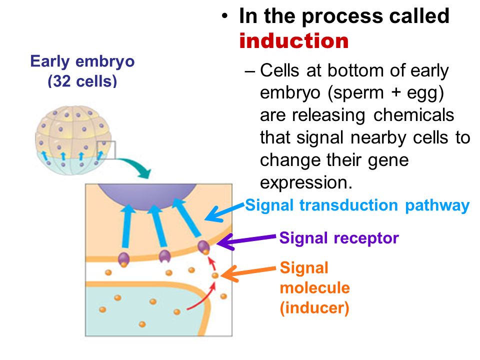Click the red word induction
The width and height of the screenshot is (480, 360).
click(294, 40)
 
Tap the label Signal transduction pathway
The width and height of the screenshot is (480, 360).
click(357, 205)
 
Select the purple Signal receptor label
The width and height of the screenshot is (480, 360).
click(339, 238)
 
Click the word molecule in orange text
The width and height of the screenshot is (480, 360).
click(314, 288)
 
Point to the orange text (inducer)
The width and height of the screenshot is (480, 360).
click(314, 308)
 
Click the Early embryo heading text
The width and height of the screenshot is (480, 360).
click(82, 61)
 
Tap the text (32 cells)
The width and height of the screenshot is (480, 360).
click(82, 81)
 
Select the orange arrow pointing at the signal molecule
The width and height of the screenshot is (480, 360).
click(248, 272)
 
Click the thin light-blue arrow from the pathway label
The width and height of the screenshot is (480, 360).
click(224, 211)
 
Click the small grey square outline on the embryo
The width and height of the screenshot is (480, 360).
click(106, 150)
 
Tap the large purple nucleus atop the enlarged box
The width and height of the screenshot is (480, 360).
click(147, 196)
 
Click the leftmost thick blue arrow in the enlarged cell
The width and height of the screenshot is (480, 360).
click(127, 226)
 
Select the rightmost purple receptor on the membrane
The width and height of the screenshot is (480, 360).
click(203, 246)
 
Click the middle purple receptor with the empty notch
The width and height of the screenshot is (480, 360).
click(164, 256)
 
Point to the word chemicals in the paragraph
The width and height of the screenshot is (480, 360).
click(413, 115)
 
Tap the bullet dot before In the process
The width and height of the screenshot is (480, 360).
click(225, 15)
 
